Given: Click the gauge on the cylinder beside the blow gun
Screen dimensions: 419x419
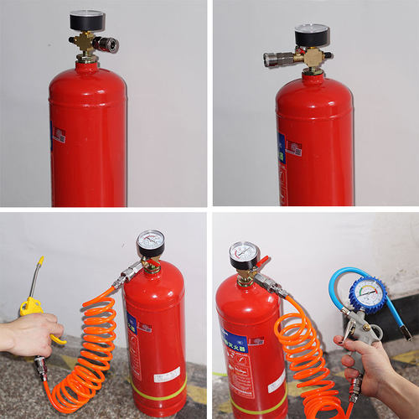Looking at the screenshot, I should pos(150,243).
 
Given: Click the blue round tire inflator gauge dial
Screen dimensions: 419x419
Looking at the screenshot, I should pos(368,296).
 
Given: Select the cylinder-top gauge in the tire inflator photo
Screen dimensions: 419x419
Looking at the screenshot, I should pos(244,254).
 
